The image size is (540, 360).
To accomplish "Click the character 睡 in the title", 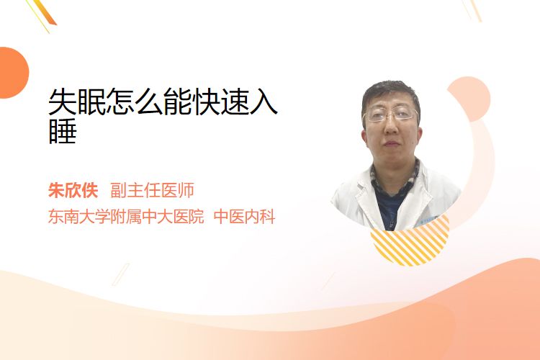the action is tap(63, 131).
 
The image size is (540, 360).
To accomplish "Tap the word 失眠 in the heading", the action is tap(77, 102).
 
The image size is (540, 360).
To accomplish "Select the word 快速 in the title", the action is tap(220, 102).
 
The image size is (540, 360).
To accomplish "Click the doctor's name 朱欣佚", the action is tap(73, 190).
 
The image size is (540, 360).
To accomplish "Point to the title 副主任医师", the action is tap(152, 190).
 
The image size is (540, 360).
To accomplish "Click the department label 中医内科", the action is tap(244, 217).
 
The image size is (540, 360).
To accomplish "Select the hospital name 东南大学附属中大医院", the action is tap(126, 217).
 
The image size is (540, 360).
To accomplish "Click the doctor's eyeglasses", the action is tap(390, 114).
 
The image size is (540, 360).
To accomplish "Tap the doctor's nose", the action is tap(391, 127).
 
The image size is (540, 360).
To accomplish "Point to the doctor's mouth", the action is tap(391, 143).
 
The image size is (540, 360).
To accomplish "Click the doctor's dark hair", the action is tap(390, 93).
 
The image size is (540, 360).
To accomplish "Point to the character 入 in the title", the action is tap(263, 102).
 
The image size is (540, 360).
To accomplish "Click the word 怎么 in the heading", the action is tap(135, 102).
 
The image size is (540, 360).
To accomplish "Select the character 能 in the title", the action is tap(177, 102).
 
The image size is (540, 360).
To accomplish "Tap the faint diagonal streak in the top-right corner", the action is tap(472, 10).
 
